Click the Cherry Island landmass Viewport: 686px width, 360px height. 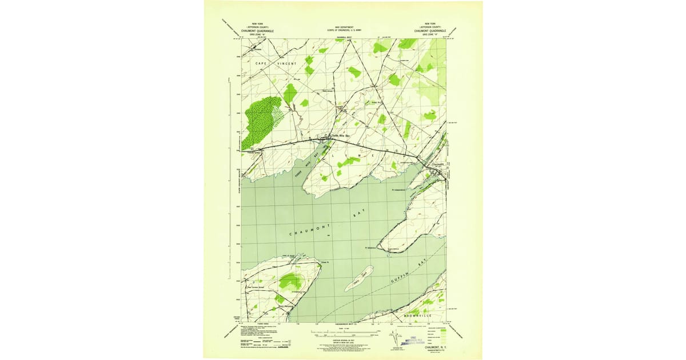click(x=359, y=278)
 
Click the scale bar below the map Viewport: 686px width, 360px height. click(x=343, y=330)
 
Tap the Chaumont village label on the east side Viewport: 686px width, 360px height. click(x=436, y=166)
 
